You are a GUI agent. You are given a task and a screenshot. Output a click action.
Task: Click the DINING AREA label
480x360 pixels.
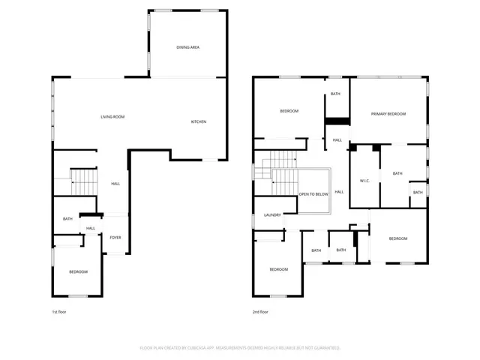(187, 47)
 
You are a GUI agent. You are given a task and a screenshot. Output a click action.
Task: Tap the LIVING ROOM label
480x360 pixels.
(112, 117)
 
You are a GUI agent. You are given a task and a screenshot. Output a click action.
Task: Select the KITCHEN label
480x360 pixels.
(198, 122)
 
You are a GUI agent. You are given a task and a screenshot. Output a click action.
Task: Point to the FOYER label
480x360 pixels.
(115, 238)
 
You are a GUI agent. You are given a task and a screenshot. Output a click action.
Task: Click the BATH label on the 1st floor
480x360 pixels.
(67, 219)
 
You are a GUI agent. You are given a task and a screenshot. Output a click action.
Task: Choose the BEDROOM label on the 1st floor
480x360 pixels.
(78, 271)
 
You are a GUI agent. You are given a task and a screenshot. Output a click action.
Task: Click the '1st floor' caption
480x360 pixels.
(59, 311)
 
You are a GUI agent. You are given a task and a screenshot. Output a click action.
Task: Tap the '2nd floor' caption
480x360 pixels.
(260, 311)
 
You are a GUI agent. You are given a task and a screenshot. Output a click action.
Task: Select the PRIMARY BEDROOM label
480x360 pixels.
(388, 114)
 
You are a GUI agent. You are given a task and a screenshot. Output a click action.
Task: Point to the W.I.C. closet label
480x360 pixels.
(365, 180)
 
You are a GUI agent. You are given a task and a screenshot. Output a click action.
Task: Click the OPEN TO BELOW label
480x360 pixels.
(313, 193)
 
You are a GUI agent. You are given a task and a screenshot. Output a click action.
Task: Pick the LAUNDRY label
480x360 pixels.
(272, 215)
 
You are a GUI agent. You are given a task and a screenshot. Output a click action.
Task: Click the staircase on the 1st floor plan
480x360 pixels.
(84, 181)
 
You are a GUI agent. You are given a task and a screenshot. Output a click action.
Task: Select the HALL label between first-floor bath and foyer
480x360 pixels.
(90, 229)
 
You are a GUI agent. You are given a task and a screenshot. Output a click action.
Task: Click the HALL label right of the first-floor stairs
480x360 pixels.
(115, 184)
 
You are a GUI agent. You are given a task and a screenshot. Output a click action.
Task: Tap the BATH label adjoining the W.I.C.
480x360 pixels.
(397, 173)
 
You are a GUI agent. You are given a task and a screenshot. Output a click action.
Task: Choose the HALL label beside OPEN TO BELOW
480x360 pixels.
(339, 192)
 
